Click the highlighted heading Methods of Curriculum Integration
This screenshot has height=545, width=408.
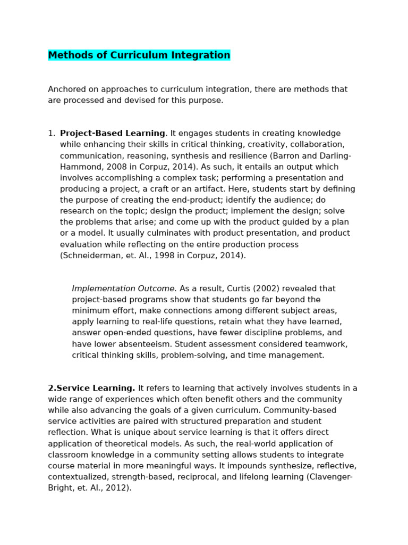[139, 55]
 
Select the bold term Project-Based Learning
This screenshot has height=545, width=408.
[113, 134]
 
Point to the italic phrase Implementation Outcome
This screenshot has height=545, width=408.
[124, 289]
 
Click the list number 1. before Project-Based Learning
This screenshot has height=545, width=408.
[52, 134]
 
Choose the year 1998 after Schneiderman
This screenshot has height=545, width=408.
[161, 255]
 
